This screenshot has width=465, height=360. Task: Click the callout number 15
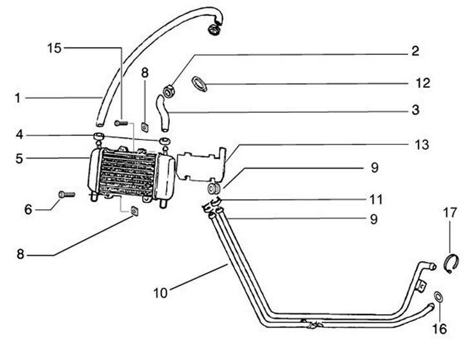click(x=55, y=47)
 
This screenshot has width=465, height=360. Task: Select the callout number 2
click(x=415, y=51)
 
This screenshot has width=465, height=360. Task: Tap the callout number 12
click(x=422, y=83)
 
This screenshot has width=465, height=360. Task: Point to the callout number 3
click(x=415, y=110)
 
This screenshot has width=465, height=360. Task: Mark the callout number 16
click(x=439, y=329)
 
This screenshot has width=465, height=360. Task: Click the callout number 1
click(x=19, y=98)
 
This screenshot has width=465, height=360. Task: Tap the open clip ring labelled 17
click(x=452, y=262)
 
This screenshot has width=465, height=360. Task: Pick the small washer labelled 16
click(x=439, y=297)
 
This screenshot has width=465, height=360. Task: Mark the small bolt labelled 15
click(x=121, y=122)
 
